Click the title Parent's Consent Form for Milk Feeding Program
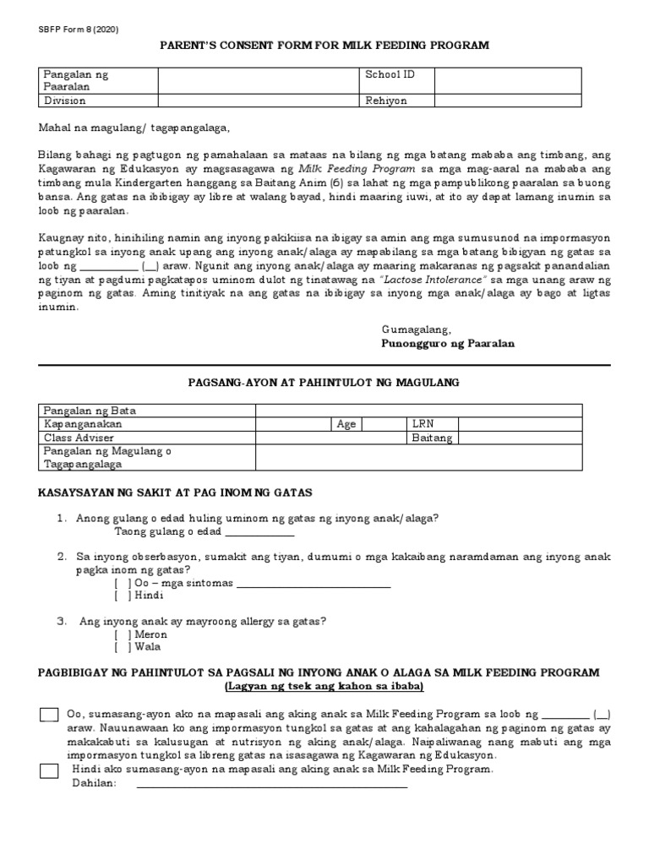click(x=324, y=45)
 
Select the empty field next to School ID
click(x=507, y=81)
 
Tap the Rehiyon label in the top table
click(x=385, y=101)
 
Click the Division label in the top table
click(x=64, y=101)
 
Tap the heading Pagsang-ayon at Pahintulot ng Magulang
click(x=324, y=383)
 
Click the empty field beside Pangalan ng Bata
click(x=418, y=410)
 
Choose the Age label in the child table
click(x=346, y=424)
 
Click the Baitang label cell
click(x=432, y=438)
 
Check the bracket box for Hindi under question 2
click(x=123, y=596)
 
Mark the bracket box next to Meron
click(x=123, y=634)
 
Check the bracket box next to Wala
click(x=123, y=648)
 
